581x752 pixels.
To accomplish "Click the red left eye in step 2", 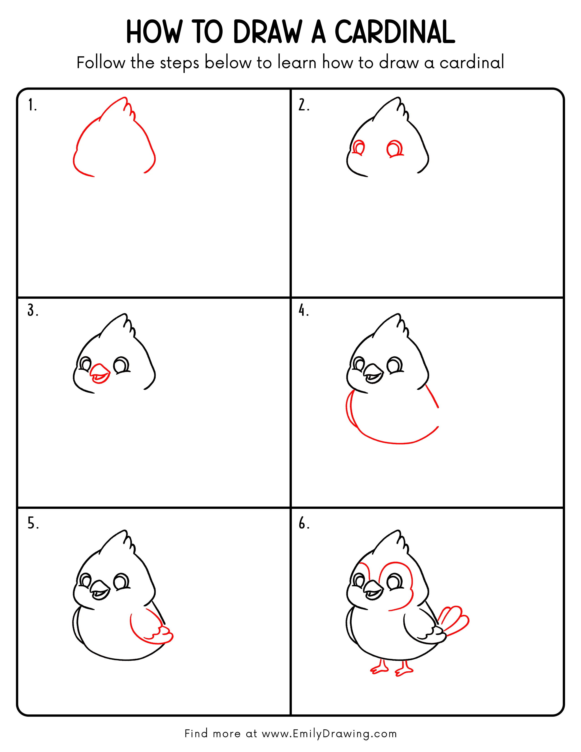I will coord(359,148).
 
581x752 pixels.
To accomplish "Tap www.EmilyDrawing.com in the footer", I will coord(329,734).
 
